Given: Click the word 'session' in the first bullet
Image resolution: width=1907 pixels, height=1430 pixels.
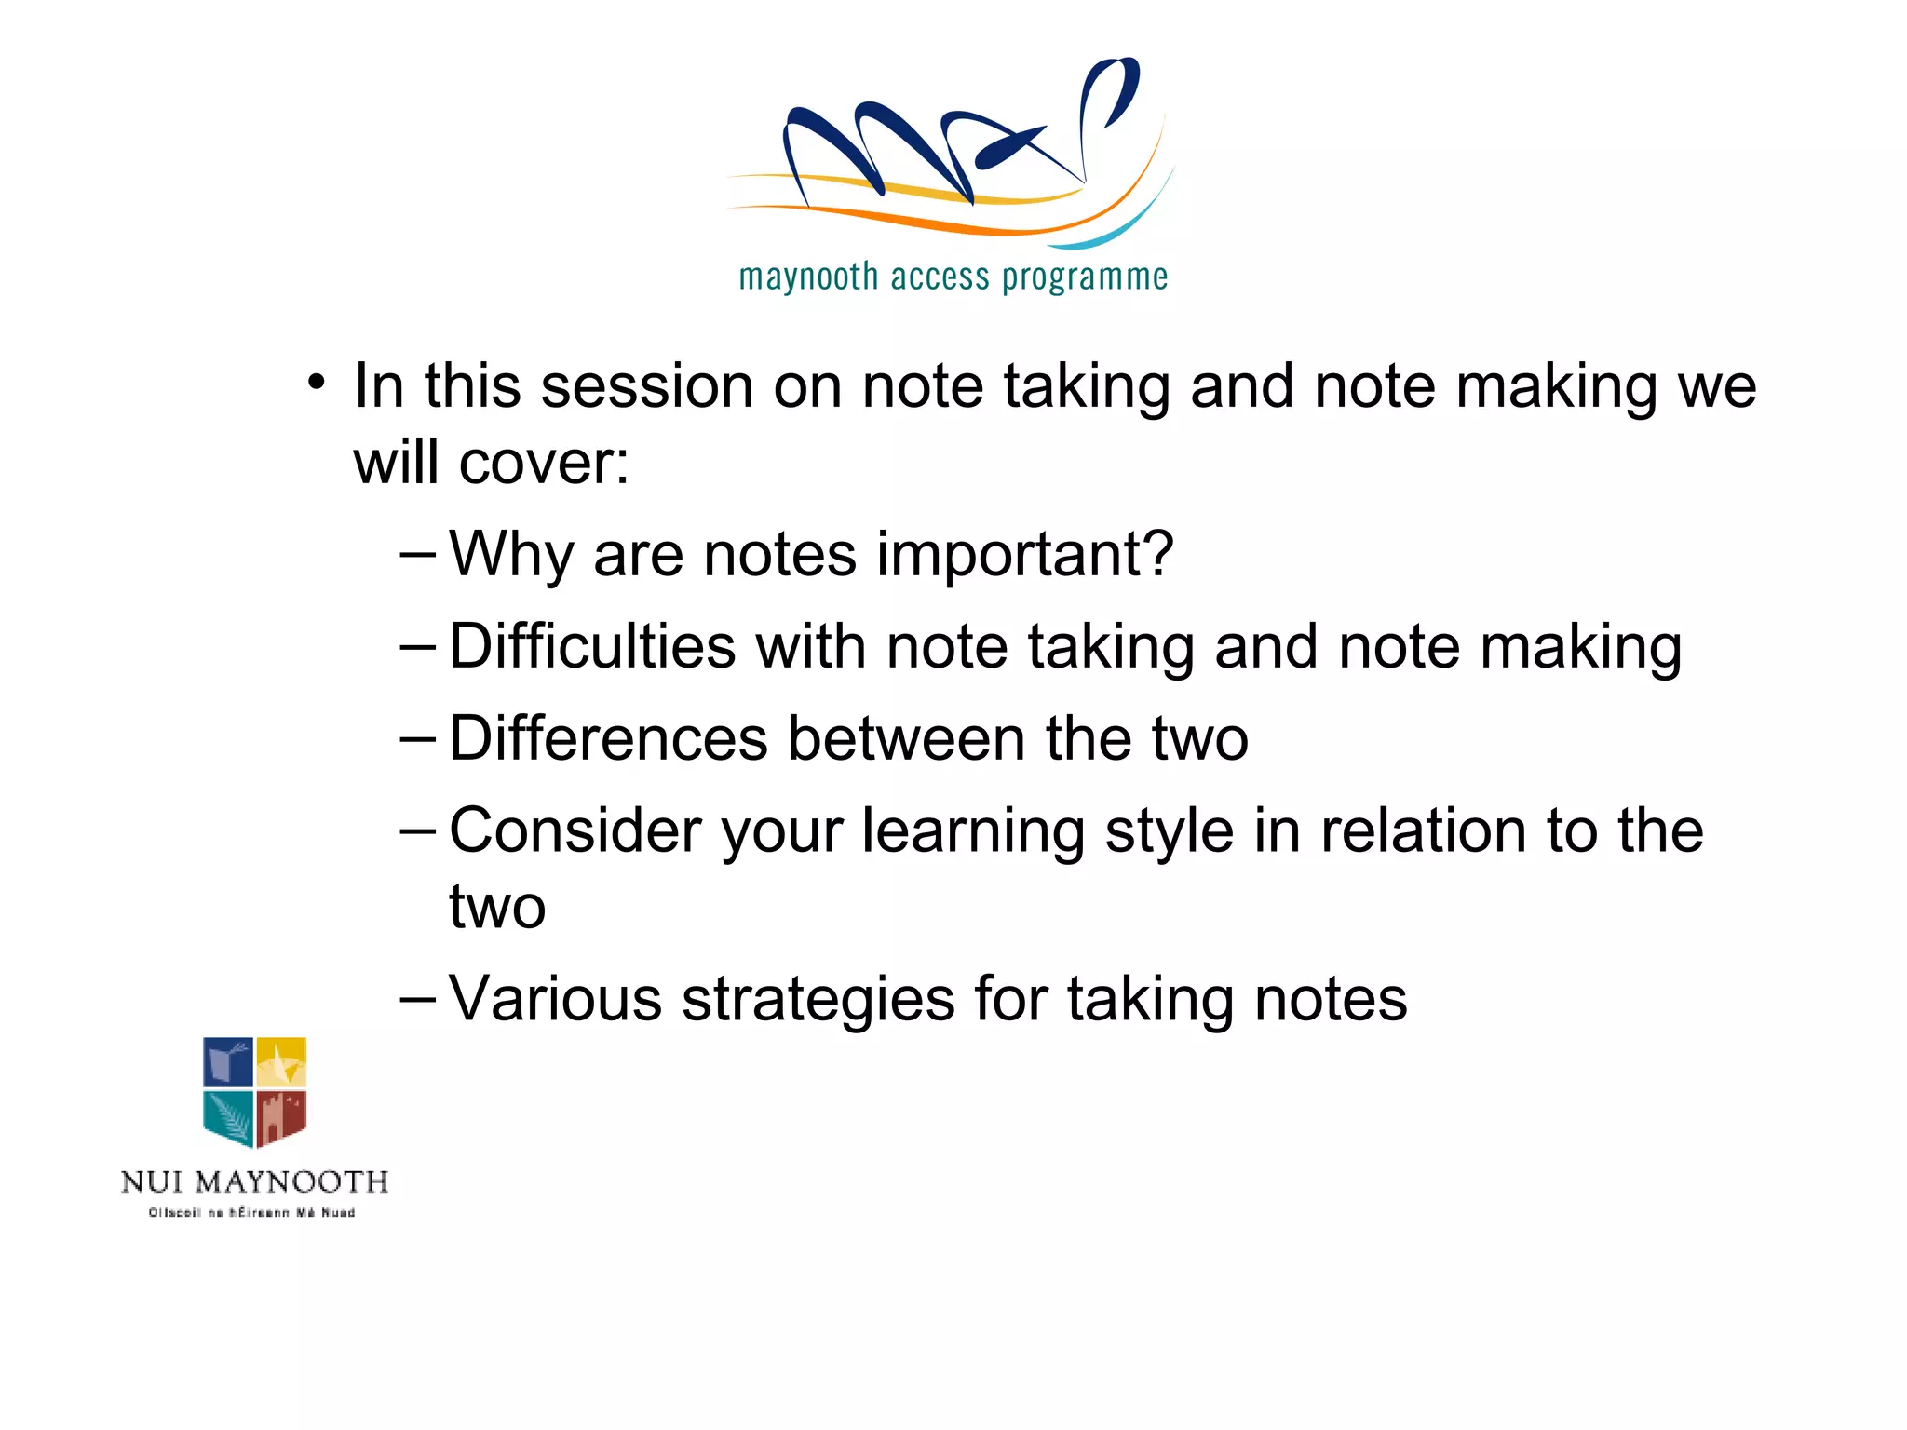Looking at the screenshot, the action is pyautogui.click(x=647, y=385).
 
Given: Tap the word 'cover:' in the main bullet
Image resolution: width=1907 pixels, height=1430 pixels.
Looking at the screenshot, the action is pyautogui.click(x=544, y=463).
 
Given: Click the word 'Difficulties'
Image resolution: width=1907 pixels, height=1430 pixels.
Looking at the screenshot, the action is pyautogui.click(x=592, y=646).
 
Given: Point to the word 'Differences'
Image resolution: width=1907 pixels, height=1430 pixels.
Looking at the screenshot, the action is pyautogui.click(x=609, y=738).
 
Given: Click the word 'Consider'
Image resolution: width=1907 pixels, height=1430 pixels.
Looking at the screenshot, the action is pyautogui.click(x=575, y=830).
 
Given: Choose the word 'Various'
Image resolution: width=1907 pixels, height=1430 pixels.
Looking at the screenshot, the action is pyautogui.click(x=555, y=999).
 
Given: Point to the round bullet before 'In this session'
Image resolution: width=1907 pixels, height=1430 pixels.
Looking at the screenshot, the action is pyautogui.click(x=318, y=383).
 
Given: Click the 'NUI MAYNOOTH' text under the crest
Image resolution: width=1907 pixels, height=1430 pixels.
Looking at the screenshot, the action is pyautogui.click(x=254, y=1182).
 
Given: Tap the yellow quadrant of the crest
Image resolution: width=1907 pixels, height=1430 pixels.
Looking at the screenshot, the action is pyautogui.click(x=281, y=1062).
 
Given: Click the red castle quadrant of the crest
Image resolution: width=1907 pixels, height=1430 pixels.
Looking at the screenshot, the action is pyautogui.click(x=281, y=1117).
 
